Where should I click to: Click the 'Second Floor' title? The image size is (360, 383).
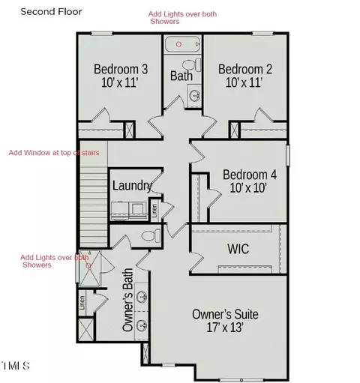[x=51, y=12]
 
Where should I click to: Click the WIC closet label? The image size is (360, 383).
[x=238, y=249]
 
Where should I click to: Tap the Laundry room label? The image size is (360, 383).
[x=132, y=186]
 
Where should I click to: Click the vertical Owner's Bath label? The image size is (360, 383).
[x=127, y=300]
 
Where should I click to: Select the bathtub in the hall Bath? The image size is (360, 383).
[x=183, y=44]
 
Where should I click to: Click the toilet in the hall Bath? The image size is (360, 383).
[x=192, y=65]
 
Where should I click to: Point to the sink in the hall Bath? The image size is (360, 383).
[x=194, y=95]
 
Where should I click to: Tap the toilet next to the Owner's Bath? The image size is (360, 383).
[x=151, y=235]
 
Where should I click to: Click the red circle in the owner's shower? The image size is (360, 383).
[x=88, y=265]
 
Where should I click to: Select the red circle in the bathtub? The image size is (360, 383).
[x=178, y=44]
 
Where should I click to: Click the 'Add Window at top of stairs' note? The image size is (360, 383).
[x=54, y=153]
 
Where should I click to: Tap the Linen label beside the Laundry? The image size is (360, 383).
[x=154, y=211]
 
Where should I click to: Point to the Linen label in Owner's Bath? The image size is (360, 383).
[x=82, y=303]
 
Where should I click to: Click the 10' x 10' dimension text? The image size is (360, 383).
[x=248, y=188]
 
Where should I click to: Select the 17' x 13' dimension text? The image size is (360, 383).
[x=225, y=328]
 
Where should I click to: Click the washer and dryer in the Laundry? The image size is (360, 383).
[x=129, y=211]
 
